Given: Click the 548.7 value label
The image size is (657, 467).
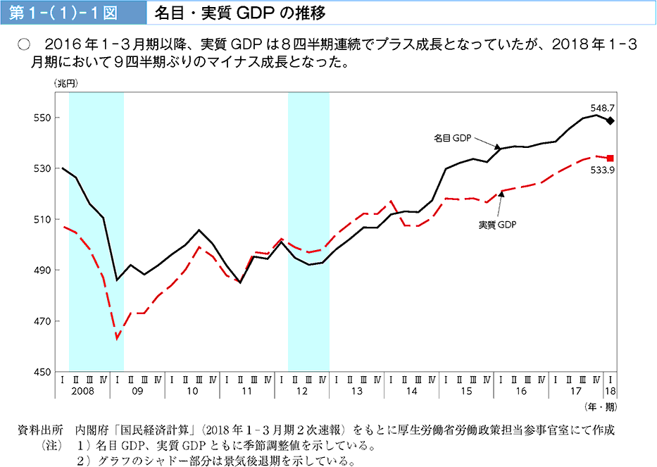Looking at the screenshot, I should tap(603, 108).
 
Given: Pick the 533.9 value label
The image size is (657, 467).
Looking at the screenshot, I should tap(603, 170).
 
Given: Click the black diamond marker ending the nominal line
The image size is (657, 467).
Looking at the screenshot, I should tap(610, 120).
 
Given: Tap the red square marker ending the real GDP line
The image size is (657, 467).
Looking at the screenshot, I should tap(610, 158).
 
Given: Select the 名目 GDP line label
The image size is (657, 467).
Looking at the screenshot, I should tap(452, 139).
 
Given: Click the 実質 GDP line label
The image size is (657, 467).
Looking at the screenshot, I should tap(497, 225).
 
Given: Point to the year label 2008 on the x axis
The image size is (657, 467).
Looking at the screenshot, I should tap(82, 390).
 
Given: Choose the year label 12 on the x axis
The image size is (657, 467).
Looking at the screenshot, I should tap(301, 390).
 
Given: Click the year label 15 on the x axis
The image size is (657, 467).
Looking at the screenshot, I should tap(466, 390).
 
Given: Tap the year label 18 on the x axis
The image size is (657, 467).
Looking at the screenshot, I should tap(610, 390).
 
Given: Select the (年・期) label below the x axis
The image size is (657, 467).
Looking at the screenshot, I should tap(601, 406).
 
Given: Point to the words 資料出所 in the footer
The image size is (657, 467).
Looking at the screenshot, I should tap(40, 430).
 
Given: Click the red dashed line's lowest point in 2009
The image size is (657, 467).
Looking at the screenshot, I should tap(117, 339).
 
